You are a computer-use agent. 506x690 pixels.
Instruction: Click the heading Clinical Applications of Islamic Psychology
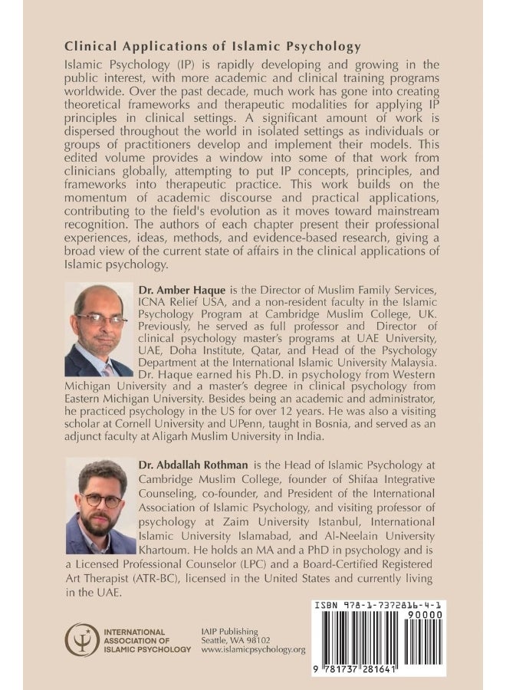click(212, 47)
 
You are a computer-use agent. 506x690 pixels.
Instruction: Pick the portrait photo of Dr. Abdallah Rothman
click(100, 505)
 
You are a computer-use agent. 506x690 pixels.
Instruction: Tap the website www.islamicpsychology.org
click(253, 649)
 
